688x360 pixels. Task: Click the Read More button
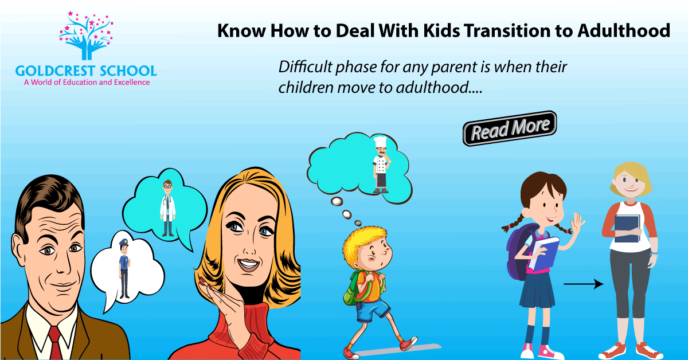click(510, 128)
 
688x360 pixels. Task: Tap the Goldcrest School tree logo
click(87, 36)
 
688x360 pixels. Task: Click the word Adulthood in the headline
click(624, 31)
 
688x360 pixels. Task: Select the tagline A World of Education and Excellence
click(87, 83)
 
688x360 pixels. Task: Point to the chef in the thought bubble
click(381, 165)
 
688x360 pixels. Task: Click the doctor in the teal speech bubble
click(167, 208)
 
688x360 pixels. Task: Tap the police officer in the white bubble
click(124, 268)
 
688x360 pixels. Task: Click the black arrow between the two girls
click(584, 284)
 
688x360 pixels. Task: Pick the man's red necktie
click(56, 343)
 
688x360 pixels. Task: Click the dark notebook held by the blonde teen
click(627, 229)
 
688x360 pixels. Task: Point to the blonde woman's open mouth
click(248, 265)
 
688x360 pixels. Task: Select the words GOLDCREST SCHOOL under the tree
click(86, 71)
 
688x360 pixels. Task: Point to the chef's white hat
click(380, 142)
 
